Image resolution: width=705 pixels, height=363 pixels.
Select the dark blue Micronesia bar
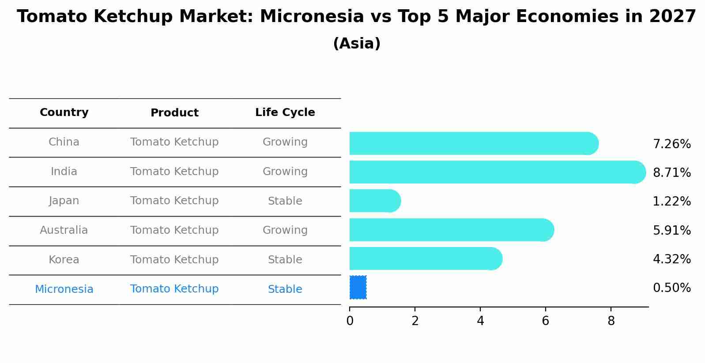click(x=358, y=288)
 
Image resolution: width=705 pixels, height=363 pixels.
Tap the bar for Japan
click(x=374, y=201)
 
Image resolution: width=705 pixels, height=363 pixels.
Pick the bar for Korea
click(x=425, y=258)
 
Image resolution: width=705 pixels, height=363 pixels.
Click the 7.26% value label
click(x=671, y=144)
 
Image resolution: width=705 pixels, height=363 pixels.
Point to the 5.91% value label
click(x=671, y=231)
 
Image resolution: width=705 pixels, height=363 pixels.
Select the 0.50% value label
click(x=671, y=288)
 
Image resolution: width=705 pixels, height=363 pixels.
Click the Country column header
click(x=64, y=112)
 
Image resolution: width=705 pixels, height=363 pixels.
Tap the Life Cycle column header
click(x=285, y=112)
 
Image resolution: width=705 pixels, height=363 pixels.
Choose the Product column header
click(x=174, y=113)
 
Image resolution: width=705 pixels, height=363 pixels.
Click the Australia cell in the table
click(x=64, y=230)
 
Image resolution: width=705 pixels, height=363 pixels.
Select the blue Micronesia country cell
click(x=64, y=289)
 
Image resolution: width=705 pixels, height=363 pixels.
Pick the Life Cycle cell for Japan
click(x=285, y=201)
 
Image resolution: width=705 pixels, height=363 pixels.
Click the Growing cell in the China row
click(x=285, y=142)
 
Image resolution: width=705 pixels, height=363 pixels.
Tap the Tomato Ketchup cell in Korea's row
click(x=174, y=260)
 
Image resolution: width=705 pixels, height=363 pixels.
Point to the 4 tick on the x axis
click(x=480, y=321)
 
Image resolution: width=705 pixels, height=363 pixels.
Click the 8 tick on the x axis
click(x=611, y=321)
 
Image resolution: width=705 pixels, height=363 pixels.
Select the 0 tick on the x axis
click(x=350, y=321)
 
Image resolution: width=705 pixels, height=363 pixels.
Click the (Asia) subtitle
click(x=357, y=44)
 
